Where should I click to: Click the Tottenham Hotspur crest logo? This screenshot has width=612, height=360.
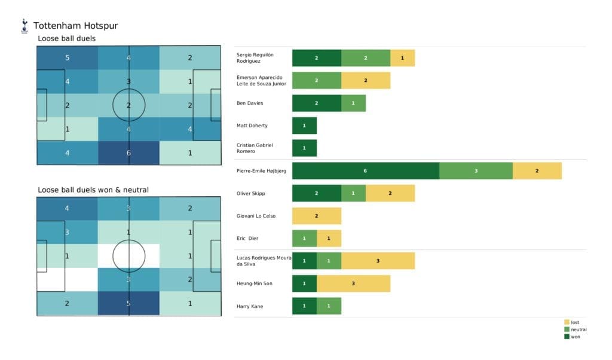25,26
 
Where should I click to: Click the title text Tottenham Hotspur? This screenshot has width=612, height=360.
75,26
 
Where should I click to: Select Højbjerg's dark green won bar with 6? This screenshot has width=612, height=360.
365,170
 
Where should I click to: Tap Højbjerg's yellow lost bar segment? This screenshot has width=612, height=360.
537,170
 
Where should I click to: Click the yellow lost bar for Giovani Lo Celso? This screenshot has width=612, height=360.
316,216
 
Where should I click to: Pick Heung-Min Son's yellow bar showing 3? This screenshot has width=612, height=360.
353,283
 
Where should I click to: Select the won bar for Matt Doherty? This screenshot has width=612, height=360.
304,126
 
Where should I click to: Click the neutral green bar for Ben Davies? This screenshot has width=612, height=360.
353,103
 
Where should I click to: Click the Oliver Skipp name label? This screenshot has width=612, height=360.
252,193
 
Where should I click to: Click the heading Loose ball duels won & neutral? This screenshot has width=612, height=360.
93,190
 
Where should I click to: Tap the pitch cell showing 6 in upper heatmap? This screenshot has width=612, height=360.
129,152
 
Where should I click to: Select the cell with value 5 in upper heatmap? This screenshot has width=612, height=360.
67,58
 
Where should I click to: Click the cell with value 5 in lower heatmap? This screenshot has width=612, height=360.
129,303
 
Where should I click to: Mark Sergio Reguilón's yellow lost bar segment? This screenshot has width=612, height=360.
402,58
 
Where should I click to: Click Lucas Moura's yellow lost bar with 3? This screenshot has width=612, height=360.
378,261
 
